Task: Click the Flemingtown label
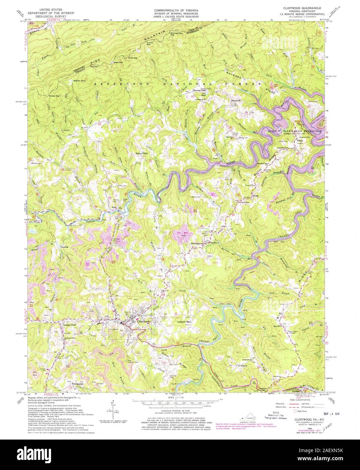(199, 243)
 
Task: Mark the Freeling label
(64, 247)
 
